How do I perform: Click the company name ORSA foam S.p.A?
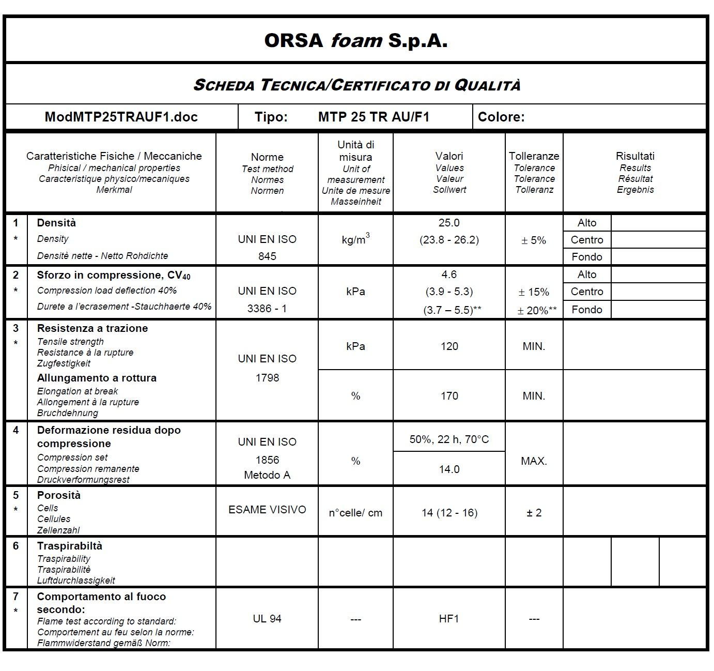(355, 40)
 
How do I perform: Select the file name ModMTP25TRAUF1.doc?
(121, 117)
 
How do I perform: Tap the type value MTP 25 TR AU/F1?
(374, 117)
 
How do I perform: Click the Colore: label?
(501, 117)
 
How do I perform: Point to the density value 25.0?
(448, 223)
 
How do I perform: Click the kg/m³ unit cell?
(355, 240)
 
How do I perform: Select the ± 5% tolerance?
(534, 240)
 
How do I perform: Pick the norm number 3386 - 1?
(267, 309)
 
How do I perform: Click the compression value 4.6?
(448, 274)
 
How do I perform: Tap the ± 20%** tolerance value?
(537, 310)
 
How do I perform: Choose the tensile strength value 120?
(449, 346)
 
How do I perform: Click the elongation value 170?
(449, 396)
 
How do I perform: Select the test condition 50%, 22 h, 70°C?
(449, 439)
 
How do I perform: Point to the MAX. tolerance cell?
(534, 461)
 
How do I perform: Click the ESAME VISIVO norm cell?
(267, 510)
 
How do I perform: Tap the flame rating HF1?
(448, 619)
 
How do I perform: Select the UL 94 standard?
(267, 619)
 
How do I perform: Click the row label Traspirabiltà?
(70, 546)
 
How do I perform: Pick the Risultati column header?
(635, 156)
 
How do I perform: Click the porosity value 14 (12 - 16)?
(449, 513)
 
